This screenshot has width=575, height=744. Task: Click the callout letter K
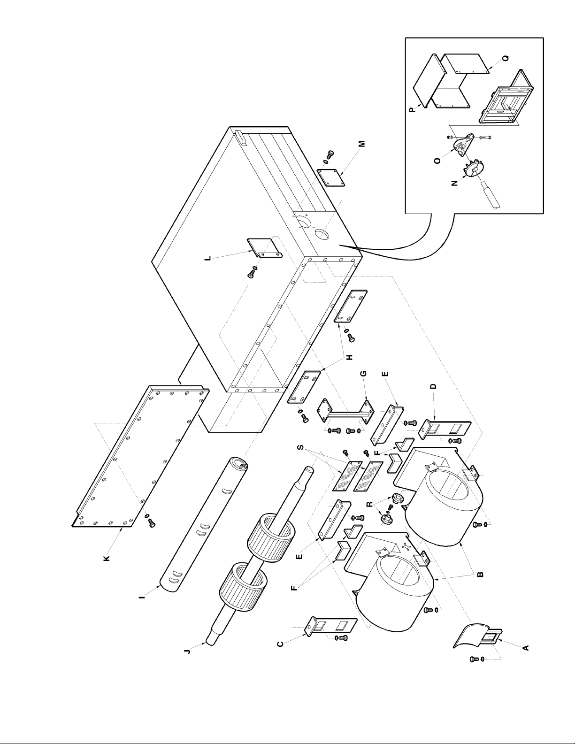(107, 558)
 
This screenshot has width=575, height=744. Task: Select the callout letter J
(187, 652)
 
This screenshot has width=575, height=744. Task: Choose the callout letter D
(433, 386)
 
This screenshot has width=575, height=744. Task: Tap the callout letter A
(526, 647)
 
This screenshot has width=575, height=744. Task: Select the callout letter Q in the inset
(505, 59)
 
